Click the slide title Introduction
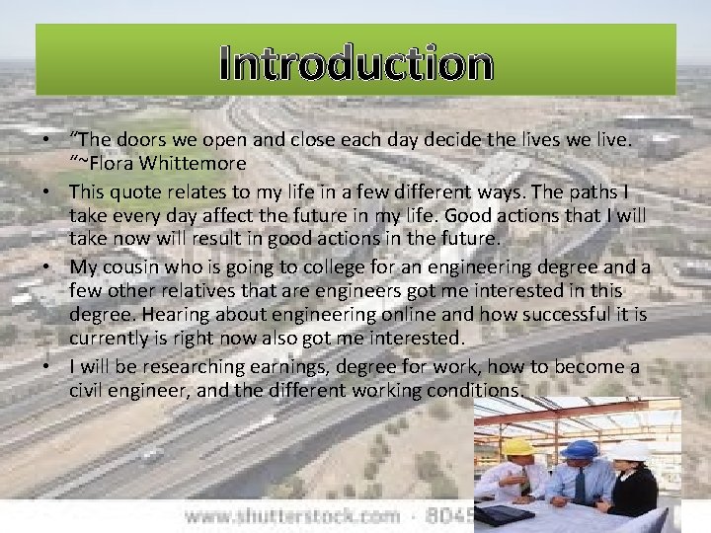pos(355,63)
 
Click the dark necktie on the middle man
pos(580,487)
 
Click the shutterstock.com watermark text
pos(292,515)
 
